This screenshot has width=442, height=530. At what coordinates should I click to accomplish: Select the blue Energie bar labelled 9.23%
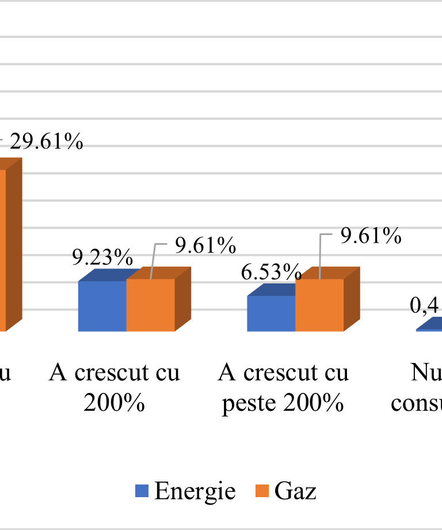[x=102, y=306]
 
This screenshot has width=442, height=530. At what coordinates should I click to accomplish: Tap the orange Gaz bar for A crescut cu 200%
[x=150, y=305]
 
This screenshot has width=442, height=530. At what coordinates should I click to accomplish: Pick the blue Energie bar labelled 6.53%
[x=271, y=313]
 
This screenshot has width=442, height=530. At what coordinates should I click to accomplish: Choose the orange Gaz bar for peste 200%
[x=319, y=305]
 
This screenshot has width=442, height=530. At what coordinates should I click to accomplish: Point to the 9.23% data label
[x=102, y=258]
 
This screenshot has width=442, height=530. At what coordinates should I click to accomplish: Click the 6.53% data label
[x=271, y=272]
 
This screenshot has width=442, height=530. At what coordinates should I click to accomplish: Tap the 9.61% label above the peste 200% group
[x=371, y=236]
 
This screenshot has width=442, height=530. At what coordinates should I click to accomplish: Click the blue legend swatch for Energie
[x=142, y=491]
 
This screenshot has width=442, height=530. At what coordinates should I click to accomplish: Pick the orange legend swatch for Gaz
[x=262, y=491]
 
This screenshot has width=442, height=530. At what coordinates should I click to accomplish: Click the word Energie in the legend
[x=195, y=491]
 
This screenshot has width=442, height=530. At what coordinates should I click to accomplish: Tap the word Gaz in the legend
[x=295, y=491]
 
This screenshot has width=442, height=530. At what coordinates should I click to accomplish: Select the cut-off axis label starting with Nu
[x=426, y=373]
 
